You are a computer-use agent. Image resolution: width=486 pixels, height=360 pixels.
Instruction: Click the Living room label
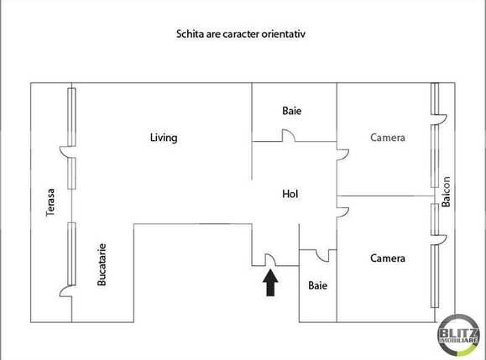click(163, 138)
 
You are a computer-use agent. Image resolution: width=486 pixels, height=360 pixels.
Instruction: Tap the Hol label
click(290, 194)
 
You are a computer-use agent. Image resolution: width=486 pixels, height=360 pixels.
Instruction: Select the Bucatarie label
click(102, 265)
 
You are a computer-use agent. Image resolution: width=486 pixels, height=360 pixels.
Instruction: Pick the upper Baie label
click(290, 111)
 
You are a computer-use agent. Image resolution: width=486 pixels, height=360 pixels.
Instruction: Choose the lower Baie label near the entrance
click(317, 285)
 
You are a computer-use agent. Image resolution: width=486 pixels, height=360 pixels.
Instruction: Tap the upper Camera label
click(388, 138)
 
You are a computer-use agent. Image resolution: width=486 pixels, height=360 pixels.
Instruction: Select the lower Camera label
click(388, 258)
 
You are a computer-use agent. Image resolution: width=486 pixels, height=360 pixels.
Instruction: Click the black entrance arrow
click(271, 283)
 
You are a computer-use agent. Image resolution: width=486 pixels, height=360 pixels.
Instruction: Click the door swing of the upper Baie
click(285, 136)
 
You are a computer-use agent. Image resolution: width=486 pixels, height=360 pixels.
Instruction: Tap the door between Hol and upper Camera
click(342, 151)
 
